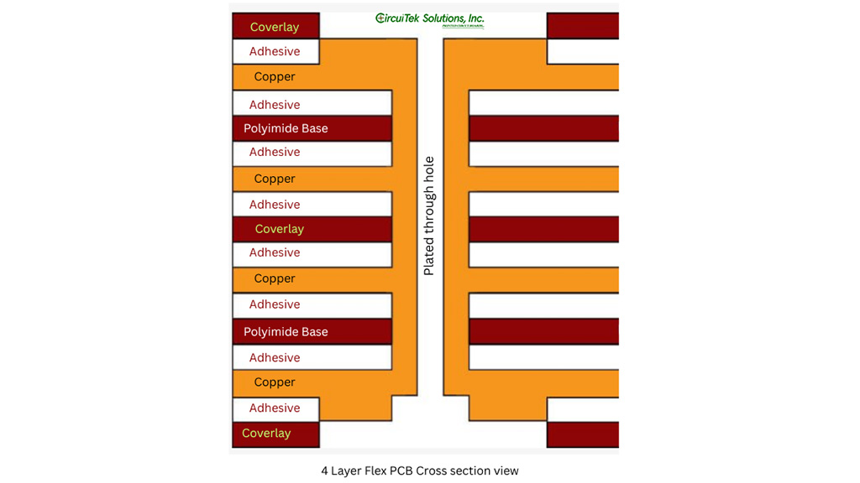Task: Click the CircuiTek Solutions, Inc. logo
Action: point(429,19)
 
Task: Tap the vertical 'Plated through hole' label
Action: point(429,216)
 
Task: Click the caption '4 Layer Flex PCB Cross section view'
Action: point(419,470)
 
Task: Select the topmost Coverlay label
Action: point(275,27)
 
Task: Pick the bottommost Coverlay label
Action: point(266,434)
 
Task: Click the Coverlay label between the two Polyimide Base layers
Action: point(279,229)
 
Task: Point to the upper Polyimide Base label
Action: point(286,128)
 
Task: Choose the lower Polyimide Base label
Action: point(286,332)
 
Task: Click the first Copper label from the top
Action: point(275,76)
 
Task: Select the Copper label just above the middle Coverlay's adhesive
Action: point(275,179)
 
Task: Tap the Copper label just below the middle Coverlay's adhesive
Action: point(275,278)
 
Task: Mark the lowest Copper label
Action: point(275,382)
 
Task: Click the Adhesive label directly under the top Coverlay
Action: point(275,51)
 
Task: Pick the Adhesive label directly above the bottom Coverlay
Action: point(275,408)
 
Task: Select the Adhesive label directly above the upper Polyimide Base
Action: point(275,105)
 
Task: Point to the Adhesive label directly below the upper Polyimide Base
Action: point(275,152)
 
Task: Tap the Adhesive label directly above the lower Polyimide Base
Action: point(275,304)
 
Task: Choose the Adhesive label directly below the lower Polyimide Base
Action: point(275,358)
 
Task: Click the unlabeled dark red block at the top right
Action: point(582,26)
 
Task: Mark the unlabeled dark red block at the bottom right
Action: point(582,434)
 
